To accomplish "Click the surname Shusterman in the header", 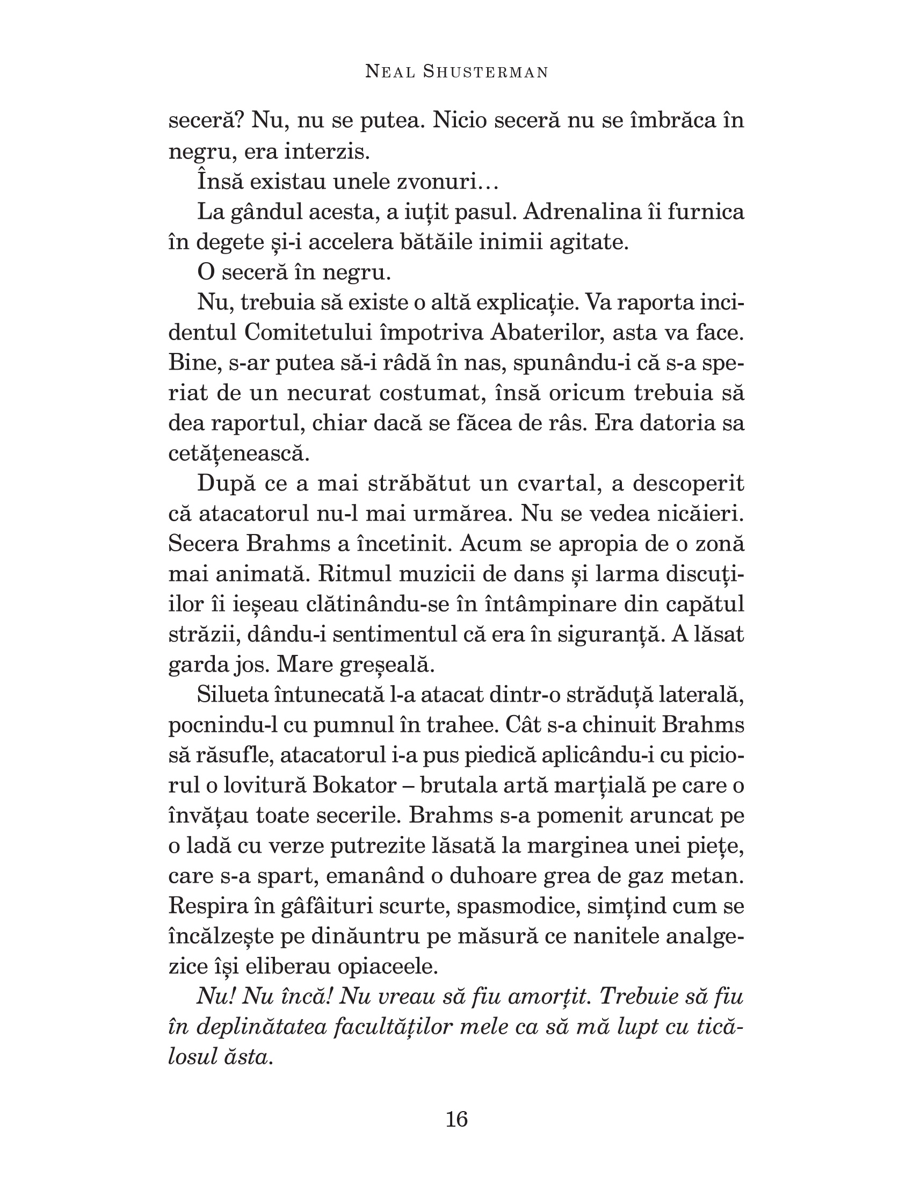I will pos(485,72).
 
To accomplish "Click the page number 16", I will pos(457,1119).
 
